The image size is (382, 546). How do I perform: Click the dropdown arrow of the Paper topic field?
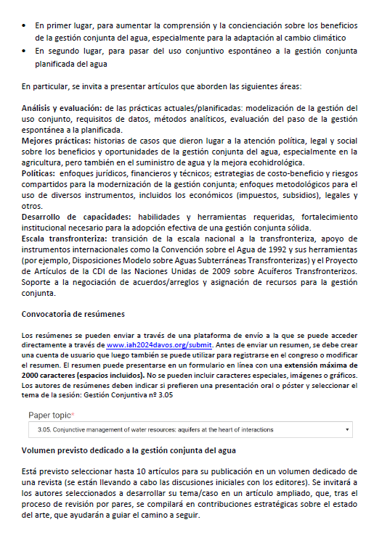(x=349, y=430)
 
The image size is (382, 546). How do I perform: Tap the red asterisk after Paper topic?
(x=73, y=415)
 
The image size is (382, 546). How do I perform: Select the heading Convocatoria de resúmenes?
(x=73, y=314)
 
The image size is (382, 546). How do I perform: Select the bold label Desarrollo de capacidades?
(x=77, y=217)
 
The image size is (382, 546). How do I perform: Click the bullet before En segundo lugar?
(x=25, y=51)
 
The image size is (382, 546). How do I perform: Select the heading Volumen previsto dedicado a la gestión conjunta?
(x=119, y=450)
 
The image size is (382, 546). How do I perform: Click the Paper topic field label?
(x=49, y=415)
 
